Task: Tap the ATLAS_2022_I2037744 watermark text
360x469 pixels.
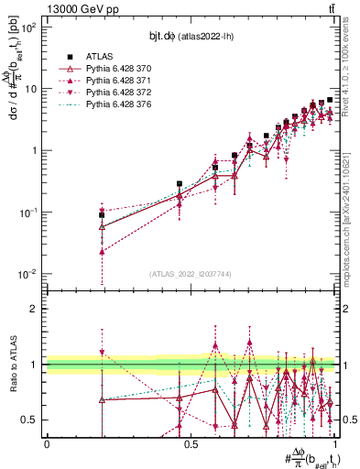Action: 191,273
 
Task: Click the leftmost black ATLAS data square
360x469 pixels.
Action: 102,214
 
